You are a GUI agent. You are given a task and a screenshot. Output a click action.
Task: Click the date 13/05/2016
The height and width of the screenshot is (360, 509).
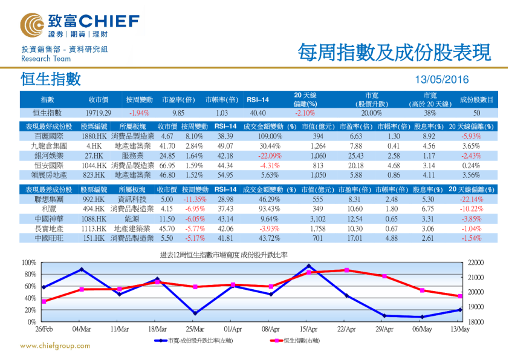[443, 79]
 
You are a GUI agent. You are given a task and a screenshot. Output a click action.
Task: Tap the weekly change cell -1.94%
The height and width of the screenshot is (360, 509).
[139, 113]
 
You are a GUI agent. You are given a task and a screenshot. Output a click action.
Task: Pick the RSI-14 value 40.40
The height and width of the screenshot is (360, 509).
[258, 113]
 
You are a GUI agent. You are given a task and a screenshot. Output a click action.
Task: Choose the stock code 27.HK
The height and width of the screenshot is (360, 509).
[94, 155]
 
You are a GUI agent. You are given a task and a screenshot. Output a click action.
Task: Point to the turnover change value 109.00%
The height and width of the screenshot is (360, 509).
[266, 137]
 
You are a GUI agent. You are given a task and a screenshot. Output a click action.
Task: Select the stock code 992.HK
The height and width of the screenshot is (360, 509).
[94, 200]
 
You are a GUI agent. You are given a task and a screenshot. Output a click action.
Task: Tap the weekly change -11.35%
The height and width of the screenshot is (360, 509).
[194, 200]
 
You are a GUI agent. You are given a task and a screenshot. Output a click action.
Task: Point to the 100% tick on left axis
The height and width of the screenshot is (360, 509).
[28, 263]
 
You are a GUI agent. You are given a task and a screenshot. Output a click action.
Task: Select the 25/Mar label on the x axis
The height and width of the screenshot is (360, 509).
[195, 329]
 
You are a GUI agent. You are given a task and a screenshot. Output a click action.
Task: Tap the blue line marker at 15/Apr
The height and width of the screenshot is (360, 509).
[309, 266]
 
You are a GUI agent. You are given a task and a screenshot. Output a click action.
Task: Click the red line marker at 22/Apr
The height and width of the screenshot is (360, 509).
[346, 270]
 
